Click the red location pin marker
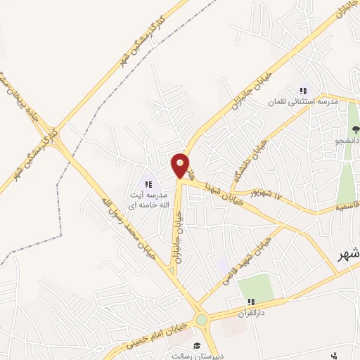click(181, 165)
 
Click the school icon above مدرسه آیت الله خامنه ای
click(148, 184)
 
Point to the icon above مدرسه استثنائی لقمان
click(303, 91)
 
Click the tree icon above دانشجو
click(356, 129)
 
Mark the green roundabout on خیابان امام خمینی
click(202, 321)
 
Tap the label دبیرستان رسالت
click(198, 356)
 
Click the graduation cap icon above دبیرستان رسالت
click(198, 345)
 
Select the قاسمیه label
click(347, 207)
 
